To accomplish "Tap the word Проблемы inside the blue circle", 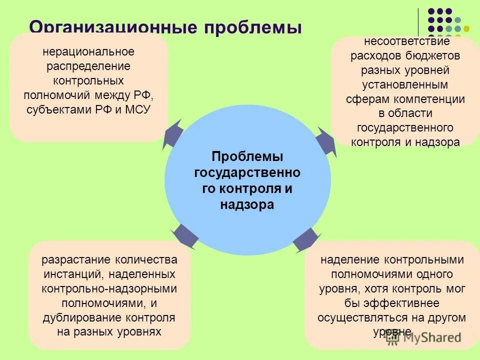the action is [247, 156].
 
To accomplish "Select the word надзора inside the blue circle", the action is [247, 204].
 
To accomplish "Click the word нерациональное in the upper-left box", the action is [88, 51].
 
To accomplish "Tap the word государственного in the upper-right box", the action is [405, 127].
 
